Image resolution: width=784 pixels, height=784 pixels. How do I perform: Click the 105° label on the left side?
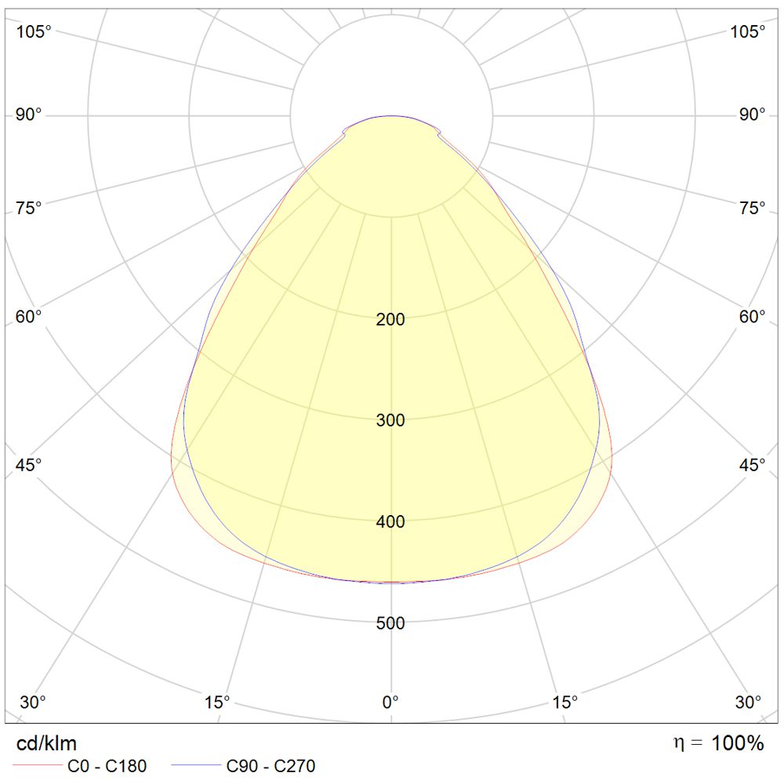point(34,32)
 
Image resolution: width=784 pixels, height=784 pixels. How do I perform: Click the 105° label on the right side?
point(748,32)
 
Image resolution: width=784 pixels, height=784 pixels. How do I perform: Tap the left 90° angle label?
point(29,115)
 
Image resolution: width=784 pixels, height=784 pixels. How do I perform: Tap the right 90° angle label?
point(752,115)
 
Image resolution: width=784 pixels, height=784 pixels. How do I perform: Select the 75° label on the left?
point(29,208)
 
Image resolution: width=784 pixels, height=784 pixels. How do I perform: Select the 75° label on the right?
point(752,208)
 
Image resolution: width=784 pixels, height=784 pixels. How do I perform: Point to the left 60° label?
point(29,317)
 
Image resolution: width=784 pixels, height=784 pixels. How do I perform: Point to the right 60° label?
point(752,317)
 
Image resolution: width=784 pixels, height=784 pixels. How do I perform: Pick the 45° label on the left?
point(29,465)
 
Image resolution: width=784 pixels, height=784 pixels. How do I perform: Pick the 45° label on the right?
point(752,465)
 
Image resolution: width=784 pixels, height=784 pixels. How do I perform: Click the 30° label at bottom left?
point(33,701)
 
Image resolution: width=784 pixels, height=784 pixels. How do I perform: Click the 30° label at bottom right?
point(748,701)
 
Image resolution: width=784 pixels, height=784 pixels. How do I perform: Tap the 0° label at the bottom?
point(390,701)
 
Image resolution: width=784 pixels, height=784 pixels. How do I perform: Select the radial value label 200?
point(390,319)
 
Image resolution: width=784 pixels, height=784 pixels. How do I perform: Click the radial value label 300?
point(390,420)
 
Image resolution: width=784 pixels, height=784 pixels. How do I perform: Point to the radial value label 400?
point(390,522)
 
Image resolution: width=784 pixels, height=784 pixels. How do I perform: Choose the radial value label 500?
point(390,624)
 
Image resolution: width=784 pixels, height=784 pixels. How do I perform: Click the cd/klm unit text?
point(47,743)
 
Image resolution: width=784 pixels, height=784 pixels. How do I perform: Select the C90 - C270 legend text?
point(271,766)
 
